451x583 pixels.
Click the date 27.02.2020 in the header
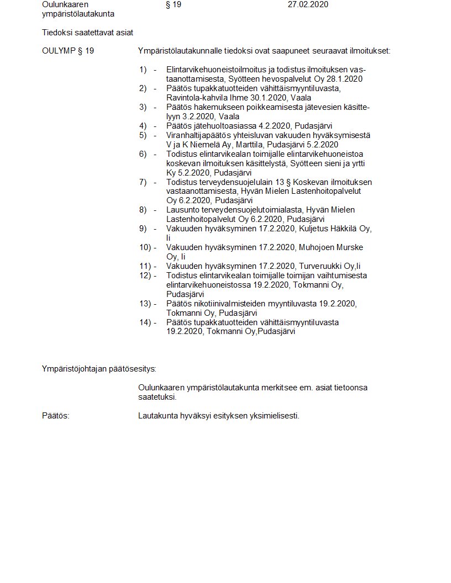point(308,4)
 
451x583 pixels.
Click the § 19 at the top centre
point(173,4)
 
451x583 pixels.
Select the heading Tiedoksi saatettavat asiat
point(87,33)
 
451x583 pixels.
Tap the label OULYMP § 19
point(67,51)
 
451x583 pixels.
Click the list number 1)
point(143,70)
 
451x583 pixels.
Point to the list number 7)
point(143,182)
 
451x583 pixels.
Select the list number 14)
point(145,322)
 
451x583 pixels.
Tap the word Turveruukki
point(320,266)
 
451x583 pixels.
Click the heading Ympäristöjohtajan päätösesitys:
point(99,369)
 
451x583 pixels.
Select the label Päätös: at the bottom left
point(56,416)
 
